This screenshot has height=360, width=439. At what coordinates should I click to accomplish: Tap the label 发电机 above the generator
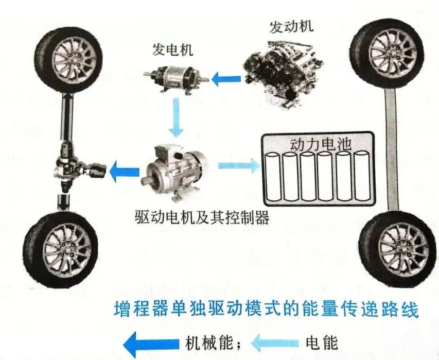tap(170, 49)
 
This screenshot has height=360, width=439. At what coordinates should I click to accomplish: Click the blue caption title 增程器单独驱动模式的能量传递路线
tap(266, 312)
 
